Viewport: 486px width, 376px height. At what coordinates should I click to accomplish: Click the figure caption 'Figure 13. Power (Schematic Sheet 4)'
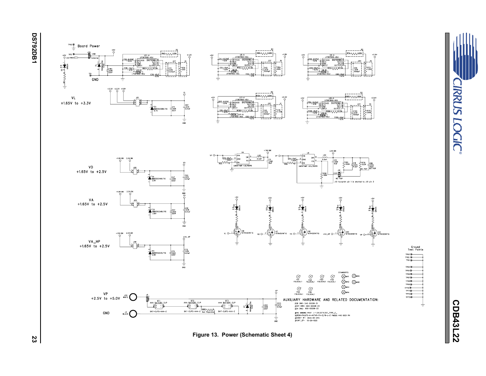pos(242,335)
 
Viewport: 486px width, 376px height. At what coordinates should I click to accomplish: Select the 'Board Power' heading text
pos(89,46)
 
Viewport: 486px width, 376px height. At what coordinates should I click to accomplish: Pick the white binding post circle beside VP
pos(133,297)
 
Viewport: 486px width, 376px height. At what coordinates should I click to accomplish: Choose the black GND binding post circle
pos(133,314)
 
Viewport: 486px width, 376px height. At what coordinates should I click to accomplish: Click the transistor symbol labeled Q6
pos(237,232)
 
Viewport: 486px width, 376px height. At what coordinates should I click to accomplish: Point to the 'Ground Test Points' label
pos(416,248)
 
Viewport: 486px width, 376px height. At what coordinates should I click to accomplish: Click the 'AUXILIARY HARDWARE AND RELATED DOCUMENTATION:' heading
pos(331,300)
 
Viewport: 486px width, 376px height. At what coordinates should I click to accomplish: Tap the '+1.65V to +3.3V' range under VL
pos(76,103)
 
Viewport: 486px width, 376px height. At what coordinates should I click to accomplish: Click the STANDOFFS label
pos(344,272)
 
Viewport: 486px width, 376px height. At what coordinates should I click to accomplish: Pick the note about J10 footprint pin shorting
pos(355,182)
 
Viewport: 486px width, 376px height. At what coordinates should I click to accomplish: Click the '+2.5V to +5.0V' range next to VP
pos(105,298)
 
